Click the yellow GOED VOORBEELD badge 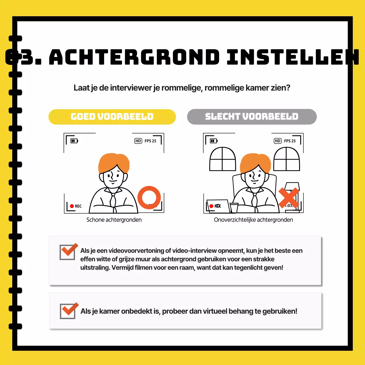[112, 117]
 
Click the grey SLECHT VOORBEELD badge [252, 117]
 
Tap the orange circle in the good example [149, 197]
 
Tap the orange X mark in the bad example [289, 198]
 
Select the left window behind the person [222, 159]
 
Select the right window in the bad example [287, 159]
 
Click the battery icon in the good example [74, 141]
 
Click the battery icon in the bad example [214, 141]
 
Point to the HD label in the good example [138, 141]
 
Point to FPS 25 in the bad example [290, 141]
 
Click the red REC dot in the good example [72, 206]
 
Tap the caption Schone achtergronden [114, 220]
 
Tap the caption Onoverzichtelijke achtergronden [253, 220]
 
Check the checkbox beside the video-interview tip [68, 252]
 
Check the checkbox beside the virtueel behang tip [68, 311]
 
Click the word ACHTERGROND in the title [134, 57]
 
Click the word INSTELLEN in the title [292, 57]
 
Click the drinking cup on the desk [234, 208]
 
